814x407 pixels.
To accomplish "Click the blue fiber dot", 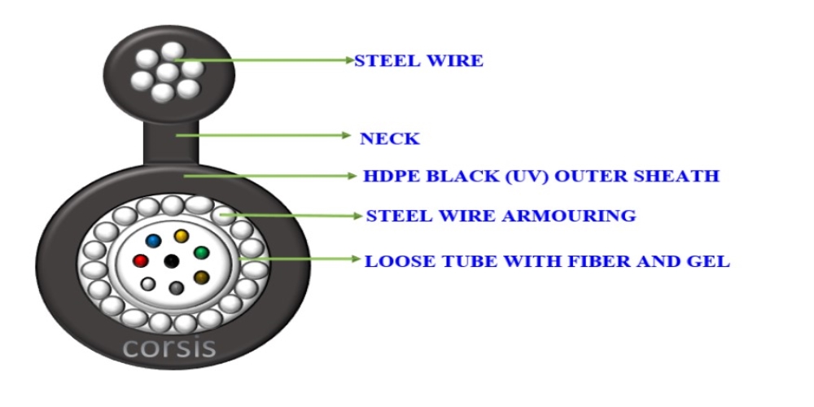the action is coord(153,240).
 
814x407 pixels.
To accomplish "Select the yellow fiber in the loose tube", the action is coord(182,237).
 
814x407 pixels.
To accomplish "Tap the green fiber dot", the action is coord(201,253).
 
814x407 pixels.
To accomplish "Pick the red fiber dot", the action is coord(140,260).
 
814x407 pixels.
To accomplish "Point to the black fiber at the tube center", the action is coord(171,261).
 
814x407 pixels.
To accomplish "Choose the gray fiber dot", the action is coord(177,288).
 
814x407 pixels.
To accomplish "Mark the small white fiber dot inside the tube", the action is coord(148,284).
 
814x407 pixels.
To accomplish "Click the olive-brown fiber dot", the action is coord(201,278).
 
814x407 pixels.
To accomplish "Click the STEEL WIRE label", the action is coord(418,61).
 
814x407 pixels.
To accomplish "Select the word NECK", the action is coord(390,138).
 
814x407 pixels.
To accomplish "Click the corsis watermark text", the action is coord(170,347).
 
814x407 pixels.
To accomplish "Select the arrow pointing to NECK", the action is coord(264,135).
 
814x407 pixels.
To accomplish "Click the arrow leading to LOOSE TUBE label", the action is coord(300,259).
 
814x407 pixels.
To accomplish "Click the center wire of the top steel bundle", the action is coord(167,72).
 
